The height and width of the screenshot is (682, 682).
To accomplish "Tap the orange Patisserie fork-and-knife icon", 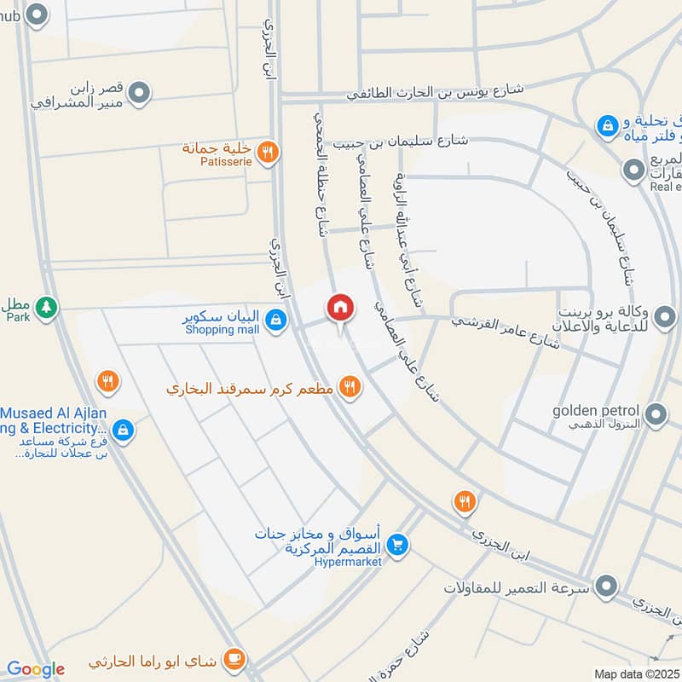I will (268, 152).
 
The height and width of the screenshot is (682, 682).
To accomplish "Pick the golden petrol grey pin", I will (656, 415).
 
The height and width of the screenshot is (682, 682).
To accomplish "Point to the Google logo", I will (35, 669).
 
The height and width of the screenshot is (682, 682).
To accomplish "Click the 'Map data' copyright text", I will (635, 673).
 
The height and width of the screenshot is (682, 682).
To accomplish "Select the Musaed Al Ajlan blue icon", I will (123, 430).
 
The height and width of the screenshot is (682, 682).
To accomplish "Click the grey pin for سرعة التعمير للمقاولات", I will (606, 587).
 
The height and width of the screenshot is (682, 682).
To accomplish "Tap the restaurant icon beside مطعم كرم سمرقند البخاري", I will (349, 388).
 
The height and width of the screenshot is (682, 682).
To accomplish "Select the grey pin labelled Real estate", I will (633, 170).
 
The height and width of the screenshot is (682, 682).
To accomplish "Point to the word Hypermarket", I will (347, 561).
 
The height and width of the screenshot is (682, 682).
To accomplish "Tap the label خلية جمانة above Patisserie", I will (219, 147).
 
